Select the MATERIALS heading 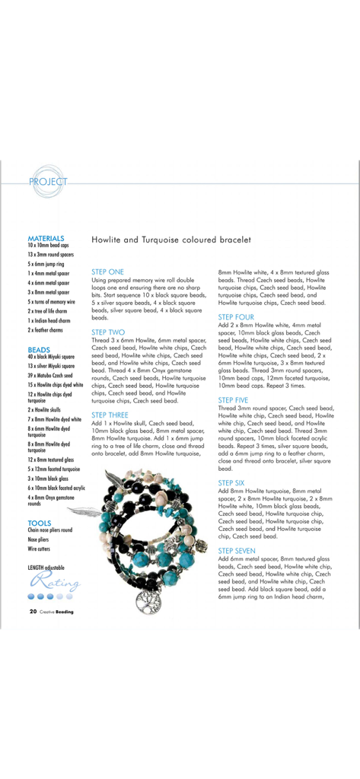point(46,238)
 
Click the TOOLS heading point(39,523)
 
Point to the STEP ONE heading point(107,271)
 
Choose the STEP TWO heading point(108,332)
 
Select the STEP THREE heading point(111,415)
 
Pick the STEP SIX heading point(231,482)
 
